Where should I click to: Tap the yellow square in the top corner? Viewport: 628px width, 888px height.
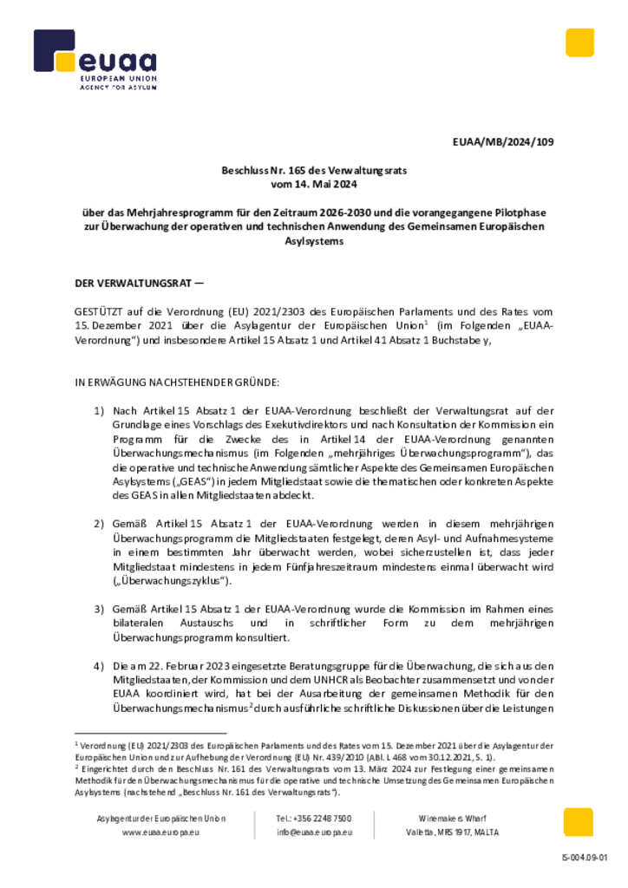pos(579,42)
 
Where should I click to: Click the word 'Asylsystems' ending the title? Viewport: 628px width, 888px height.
pos(314,241)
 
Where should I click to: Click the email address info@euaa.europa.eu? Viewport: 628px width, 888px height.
pos(314,832)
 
